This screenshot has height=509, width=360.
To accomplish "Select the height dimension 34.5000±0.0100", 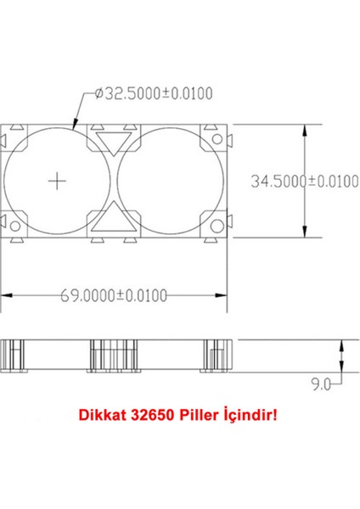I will tap(305, 181).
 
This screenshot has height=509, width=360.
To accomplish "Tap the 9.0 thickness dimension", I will tap(320, 384).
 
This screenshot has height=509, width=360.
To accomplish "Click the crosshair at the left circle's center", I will tap(57, 181).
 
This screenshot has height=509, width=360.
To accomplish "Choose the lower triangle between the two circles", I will tap(115, 222).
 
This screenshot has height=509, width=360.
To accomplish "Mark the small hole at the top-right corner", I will tap(218, 138).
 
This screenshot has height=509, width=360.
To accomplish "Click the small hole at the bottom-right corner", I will tap(218, 223).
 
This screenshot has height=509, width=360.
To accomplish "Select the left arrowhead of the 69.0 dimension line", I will tap(6, 294).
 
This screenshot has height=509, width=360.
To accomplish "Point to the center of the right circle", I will tap(174, 181).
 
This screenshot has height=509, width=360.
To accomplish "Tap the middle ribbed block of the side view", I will tap(115, 357).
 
